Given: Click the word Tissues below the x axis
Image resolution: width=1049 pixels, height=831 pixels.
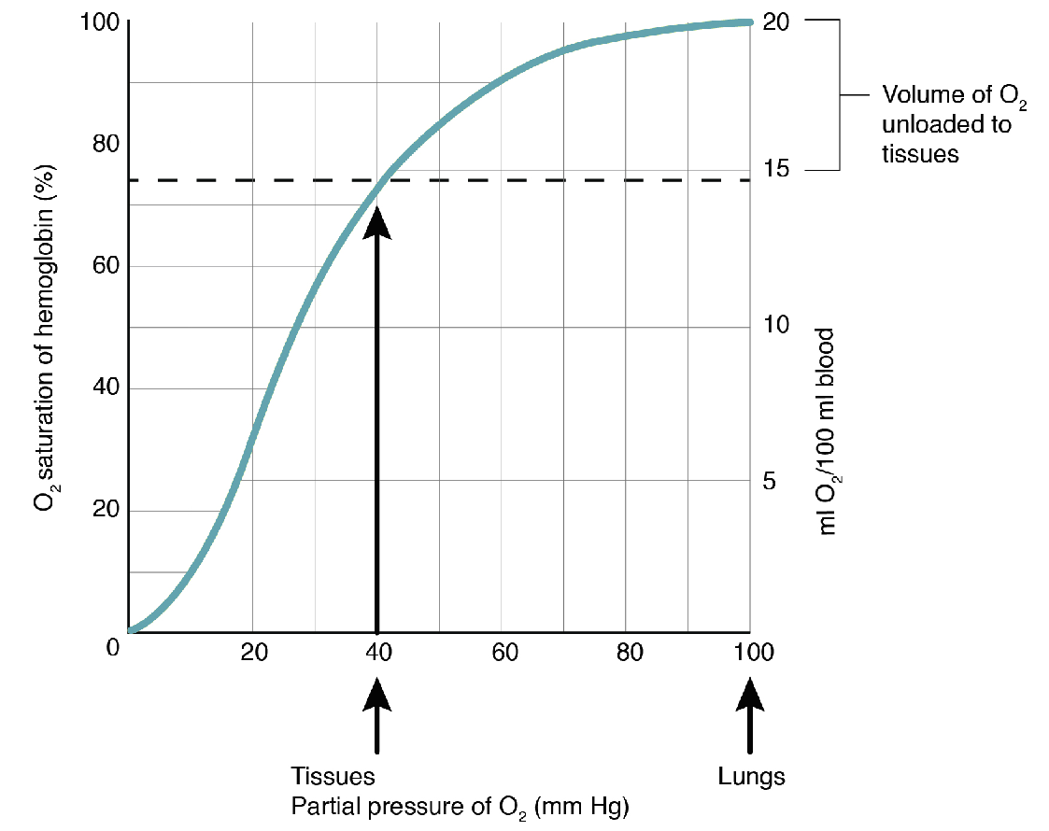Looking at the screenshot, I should click(x=333, y=776).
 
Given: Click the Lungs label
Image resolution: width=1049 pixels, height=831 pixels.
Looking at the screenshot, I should click(x=751, y=776).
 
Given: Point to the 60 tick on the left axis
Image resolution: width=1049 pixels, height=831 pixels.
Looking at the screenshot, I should click(x=106, y=266).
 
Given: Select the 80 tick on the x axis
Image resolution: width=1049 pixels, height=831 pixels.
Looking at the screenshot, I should click(x=630, y=652).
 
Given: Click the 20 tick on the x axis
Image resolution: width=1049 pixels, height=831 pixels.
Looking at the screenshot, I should click(x=253, y=652).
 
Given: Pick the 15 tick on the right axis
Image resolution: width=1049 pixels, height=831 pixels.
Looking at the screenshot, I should click(x=776, y=169).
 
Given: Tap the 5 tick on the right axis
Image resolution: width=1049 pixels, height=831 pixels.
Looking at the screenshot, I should click(x=770, y=481).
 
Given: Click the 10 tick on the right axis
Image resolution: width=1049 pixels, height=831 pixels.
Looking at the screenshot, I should click(x=776, y=326).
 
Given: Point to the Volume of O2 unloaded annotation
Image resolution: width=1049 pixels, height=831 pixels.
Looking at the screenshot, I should click(x=946, y=124).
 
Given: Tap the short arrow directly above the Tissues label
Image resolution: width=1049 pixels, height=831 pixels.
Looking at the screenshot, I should click(x=377, y=714).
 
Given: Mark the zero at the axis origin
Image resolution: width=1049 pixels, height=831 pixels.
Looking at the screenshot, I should click(x=113, y=646).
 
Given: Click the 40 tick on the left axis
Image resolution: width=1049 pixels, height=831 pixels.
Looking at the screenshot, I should click(x=106, y=388).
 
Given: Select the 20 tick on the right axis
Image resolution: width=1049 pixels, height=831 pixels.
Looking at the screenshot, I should click(x=776, y=21).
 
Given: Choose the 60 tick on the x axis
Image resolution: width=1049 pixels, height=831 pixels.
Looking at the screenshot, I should click(x=504, y=652).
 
